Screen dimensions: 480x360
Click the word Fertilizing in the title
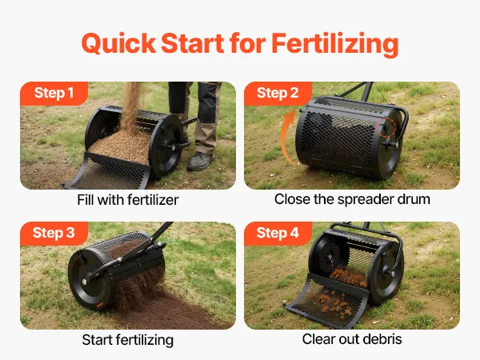coord(335,44)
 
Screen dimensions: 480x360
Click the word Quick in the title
coord(118,43)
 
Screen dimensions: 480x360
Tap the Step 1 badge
coord(54,93)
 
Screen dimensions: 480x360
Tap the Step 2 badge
coord(278,93)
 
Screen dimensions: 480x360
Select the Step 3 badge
coord(54,233)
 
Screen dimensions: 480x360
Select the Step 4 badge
coord(278,233)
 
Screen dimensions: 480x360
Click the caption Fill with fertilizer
coord(128,200)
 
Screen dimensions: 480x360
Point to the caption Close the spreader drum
coord(352,199)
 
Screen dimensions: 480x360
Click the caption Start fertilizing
coord(128,340)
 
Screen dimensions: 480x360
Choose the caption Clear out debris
coord(352,339)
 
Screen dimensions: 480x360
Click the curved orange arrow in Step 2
coord(285,138)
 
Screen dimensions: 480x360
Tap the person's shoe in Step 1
coord(201,161)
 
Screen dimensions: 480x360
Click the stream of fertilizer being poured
coord(132,107)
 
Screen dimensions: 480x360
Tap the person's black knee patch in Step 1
coord(209,103)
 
